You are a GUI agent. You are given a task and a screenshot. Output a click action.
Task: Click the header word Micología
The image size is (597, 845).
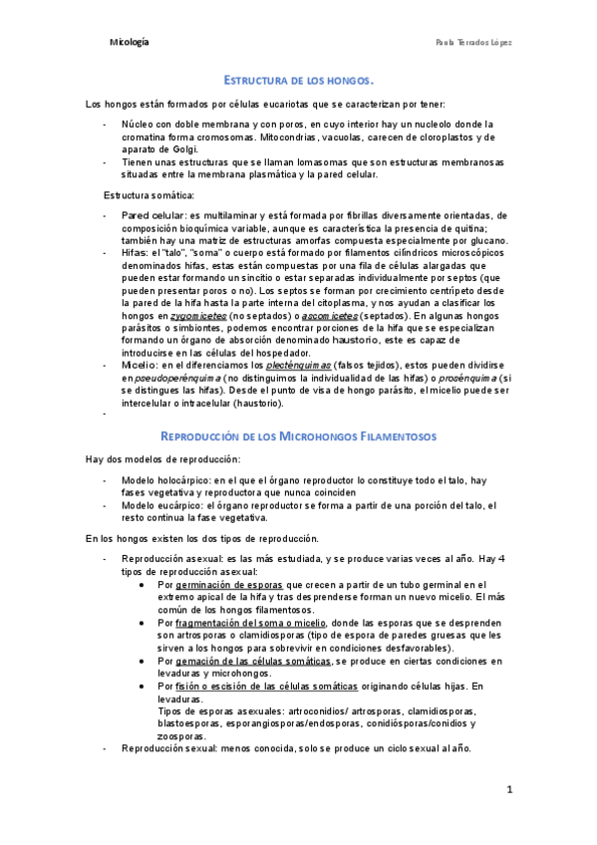(x=130, y=44)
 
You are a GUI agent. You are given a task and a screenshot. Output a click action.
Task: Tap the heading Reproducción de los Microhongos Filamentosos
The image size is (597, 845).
(x=298, y=436)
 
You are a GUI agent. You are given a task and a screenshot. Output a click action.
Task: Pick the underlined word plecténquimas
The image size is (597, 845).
(x=299, y=365)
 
